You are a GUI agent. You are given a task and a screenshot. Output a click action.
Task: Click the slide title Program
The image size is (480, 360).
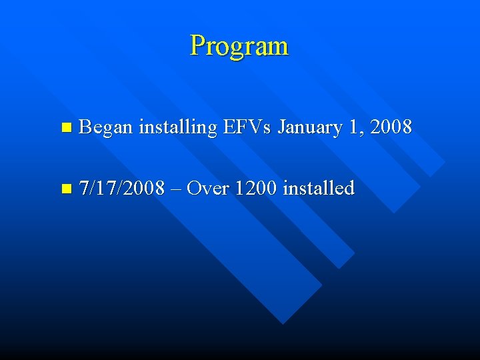point(239,46)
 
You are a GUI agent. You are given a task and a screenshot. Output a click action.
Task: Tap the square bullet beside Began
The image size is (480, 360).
point(64,127)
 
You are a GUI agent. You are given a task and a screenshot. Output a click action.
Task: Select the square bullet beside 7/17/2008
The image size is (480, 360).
point(64,189)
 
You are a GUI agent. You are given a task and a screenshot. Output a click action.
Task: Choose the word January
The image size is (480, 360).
point(310,127)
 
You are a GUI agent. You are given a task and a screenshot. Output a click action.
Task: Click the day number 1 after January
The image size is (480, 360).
point(353,126)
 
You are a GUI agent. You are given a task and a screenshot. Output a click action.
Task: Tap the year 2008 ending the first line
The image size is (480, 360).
point(391,126)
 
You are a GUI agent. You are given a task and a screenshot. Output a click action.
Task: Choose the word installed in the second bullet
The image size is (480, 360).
point(318,189)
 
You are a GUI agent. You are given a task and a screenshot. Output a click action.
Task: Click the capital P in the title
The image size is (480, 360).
point(197,46)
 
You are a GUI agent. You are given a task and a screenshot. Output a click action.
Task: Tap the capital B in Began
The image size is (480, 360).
point(85,126)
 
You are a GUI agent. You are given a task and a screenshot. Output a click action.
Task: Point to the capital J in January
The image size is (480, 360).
point(281,127)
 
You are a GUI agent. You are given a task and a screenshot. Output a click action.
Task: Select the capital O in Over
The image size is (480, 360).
point(193,189)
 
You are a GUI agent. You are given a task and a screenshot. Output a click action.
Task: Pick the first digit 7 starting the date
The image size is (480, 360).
point(83,189)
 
